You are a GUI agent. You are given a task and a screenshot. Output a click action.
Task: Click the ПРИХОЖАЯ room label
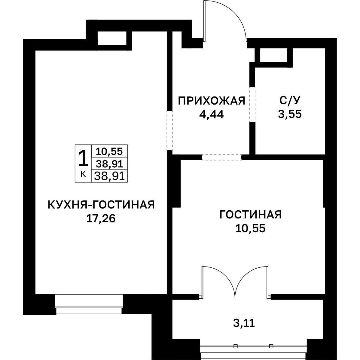click(x=212, y=101)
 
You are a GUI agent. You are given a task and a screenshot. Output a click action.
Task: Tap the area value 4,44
click(x=211, y=114)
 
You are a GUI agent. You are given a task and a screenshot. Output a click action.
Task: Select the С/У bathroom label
click(x=290, y=101)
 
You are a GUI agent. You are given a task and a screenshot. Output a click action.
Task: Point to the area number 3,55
click(x=290, y=114)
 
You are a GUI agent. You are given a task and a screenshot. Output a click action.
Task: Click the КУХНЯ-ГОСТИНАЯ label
click(x=101, y=205)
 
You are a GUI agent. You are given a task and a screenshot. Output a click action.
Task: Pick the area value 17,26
click(x=101, y=218)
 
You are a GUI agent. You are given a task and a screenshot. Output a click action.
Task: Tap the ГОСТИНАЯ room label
click(x=251, y=215)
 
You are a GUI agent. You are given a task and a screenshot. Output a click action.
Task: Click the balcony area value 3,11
click(x=244, y=323)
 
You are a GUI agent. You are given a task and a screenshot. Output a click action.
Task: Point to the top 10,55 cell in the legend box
click(x=109, y=151)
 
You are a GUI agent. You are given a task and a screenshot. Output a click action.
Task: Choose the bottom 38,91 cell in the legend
click(x=109, y=176)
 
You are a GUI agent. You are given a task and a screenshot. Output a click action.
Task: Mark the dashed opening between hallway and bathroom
click(x=252, y=104)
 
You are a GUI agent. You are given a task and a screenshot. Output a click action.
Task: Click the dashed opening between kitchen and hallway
click(x=169, y=130)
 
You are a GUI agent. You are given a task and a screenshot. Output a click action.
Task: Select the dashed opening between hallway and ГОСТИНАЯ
click(x=222, y=157)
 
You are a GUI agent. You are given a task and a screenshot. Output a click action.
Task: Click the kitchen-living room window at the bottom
click(x=89, y=304)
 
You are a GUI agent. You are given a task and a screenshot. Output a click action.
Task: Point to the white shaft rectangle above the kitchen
click(x=112, y=38)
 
